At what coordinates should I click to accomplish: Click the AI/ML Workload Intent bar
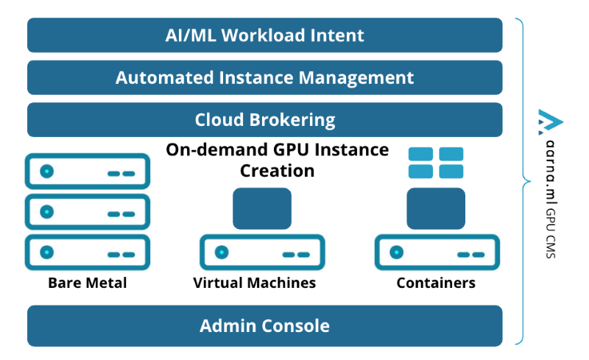coord(264,35)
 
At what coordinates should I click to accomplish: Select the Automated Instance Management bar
coord(264,77)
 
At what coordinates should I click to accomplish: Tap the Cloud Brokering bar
coord(264,119)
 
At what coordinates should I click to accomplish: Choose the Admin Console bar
coord(264,325)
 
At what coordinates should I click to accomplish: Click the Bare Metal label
coord(88,283)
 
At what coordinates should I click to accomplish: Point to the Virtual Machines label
coord(255,283)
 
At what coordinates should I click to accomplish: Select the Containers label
coord(436,283)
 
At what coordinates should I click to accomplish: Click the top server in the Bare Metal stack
coord(88,172)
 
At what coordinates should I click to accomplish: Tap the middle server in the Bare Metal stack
coord(88,212)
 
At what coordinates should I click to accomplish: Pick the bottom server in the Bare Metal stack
coord(88,253)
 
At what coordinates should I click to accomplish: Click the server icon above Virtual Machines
coord(262,253)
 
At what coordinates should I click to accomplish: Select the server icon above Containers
coord(437,253)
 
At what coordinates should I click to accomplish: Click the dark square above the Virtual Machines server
coord(262,208)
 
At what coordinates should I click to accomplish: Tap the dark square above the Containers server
coord(437,208)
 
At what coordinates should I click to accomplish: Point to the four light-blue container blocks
coord(436,163)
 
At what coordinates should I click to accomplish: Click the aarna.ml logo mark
coord(550,121)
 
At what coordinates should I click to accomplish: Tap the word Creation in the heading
coord(278,171)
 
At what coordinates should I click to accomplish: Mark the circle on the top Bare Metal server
coord(47,172)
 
